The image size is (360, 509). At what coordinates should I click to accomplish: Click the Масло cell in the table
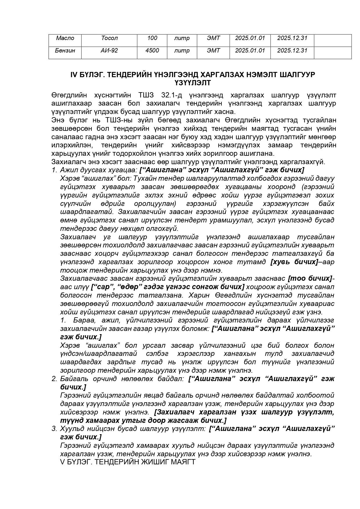click(65, 38)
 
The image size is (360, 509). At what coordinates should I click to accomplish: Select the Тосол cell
click(109, 38)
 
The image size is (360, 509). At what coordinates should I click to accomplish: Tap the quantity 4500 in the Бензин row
click(152, 50)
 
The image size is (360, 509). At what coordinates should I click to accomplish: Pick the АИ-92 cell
click(109, 50)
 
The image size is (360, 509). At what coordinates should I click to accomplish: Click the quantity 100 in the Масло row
click(152, 38)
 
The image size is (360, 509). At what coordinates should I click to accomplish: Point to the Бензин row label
click(65, 50)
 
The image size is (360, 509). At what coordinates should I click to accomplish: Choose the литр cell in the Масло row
click(182, 38)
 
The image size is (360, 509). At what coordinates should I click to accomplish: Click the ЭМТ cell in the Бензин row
click(213, 50)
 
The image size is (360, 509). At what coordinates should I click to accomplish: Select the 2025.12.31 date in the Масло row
click(292, 38)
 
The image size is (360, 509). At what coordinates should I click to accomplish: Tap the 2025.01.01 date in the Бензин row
click(250, 50)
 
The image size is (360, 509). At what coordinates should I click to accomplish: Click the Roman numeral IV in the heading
click(73, 75)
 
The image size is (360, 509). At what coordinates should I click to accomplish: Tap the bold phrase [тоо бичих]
click(310, 278)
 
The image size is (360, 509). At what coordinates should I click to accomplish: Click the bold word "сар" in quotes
click(104, 287)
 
